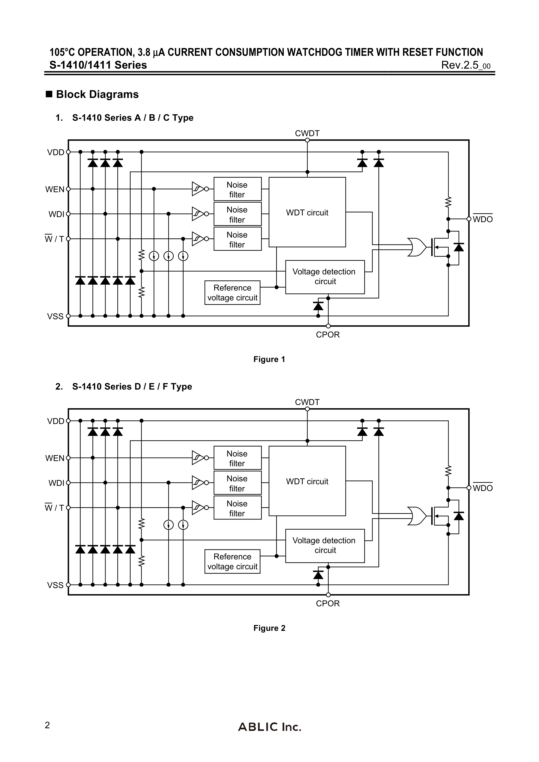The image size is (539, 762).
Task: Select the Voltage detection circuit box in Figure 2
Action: click(x=325, y=546)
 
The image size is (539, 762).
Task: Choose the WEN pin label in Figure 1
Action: click(x=55, y=190)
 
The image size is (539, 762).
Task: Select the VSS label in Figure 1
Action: click(x=55, y=316)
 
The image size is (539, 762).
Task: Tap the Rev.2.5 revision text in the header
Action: click(x=465, y=65)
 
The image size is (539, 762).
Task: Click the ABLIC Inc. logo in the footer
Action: click(x=269, y=727)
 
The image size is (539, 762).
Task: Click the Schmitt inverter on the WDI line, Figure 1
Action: click(x=198, y=214)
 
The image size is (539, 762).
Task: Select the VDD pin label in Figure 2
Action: click(x=55, y=421)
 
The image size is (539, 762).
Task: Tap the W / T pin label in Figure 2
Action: click(x=54, y=508)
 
